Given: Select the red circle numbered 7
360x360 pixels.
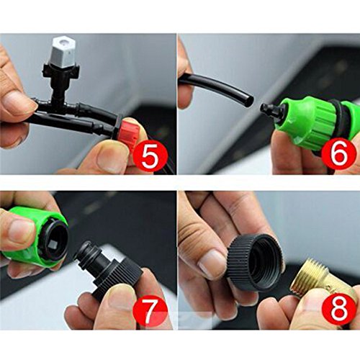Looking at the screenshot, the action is point(150,310).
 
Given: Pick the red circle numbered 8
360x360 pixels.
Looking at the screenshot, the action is point(338,310).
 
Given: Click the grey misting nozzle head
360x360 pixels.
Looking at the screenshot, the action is point(63,53).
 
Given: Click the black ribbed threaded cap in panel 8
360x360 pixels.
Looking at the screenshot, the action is point(255,262).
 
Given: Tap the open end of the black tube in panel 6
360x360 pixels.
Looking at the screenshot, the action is point(251,100).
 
